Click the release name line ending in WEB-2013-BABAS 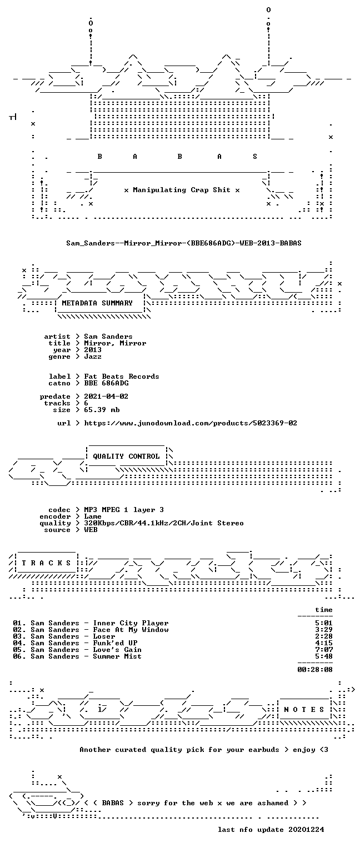click(184, 243)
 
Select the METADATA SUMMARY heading click(97, 303)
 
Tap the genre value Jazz click(93, 357)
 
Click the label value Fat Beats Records click(122, 377)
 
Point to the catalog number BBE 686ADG click(106, 384)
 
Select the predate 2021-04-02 click(106, 397)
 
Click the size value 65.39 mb click(102, 410)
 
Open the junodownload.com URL click(191, 423)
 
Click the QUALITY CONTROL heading click(126, 456)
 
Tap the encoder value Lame click(93, 516)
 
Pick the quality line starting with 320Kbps click(164, 523)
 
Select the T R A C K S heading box click(47, 563)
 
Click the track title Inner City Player click(131, 623)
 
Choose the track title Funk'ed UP click(115, 643)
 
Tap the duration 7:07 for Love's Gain click(324, 650)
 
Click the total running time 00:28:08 click(315, 669)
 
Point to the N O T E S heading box click(304, 710)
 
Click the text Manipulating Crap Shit click(182, 190)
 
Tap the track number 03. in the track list click(19, 636)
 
